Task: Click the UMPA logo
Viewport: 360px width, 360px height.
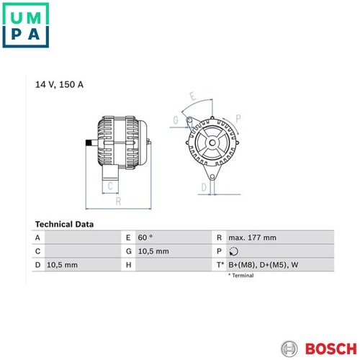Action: pyautogui.click(x=26, y=25)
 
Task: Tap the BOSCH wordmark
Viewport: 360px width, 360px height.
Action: pyautogui.click(x=331, y=348)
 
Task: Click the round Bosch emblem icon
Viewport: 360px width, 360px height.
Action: pyautogui.click(x=289, y=348)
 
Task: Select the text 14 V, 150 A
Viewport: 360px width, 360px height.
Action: pyautogui.click(x=59, y=84)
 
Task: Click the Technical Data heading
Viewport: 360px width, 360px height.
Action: pyautogui.click(x=64, y=224)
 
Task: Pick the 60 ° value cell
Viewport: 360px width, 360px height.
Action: pyautogui.click(x=145, y=238)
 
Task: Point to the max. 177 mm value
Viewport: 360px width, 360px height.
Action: pyautogui.click(x=252, y=238)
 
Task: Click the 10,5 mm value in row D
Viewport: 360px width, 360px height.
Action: pyautogui.click(x=62, y=265)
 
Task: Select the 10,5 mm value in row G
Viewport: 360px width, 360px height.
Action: pyautogui.click(x=153, y=251)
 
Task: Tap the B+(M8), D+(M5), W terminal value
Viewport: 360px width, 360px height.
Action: pyautogui.click(x=264, y=265)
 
